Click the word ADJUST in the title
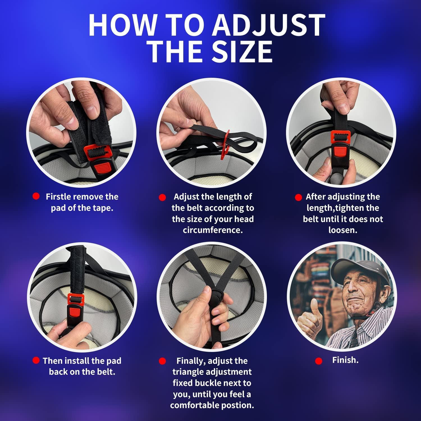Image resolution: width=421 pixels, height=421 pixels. [269, 25]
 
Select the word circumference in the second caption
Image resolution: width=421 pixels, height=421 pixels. [213, 230]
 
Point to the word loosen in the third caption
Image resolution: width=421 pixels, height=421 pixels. [342, 230]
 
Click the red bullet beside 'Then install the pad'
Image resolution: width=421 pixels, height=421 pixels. [36, 360]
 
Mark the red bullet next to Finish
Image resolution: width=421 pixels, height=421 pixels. [319, 361]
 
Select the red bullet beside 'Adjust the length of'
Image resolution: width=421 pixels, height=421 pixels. [162, 198]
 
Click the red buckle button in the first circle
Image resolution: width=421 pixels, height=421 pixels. [100, 168]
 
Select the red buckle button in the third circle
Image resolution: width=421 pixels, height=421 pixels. [339, 152]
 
